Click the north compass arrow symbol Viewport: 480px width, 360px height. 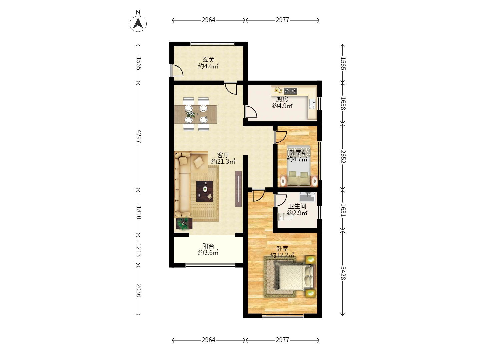pyautogui.click(x=138, y=24)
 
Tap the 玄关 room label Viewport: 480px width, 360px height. pyautogui.click(x=208, y=59)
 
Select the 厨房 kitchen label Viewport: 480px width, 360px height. pyautogui.click(x=282, y=99)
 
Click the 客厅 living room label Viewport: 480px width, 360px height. pyautogui.click(x=223, y=155)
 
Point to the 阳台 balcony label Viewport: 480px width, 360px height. pyautogui.click(x=208, y=246)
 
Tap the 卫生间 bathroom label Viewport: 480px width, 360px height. pyautogui.click(x=297, y=206)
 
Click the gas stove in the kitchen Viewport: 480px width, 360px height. pyautogui.click(x=290, y=91)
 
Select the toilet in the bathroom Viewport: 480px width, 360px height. pyautogui.click(x=285, y=216)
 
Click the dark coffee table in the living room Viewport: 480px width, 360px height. pyautogui.click(x=204, y=191)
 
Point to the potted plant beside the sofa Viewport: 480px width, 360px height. pyautogui.click(x=184, y=224)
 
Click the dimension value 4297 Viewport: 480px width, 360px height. pyautogui.click(x=138, y=136)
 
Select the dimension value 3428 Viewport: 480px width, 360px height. pyautogui.click(x=343, y=273)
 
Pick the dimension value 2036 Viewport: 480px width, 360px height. pyautogui.click(x=138, y=290)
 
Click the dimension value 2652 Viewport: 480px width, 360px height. pyautogui.click(x=343, y=157)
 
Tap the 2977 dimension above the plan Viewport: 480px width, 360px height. pyautogui.click(x=282, y=20)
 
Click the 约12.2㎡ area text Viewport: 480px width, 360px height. pyautogui.click(x=282, y=255)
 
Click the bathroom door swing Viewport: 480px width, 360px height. pyautogui.click(x=281, y=200)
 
